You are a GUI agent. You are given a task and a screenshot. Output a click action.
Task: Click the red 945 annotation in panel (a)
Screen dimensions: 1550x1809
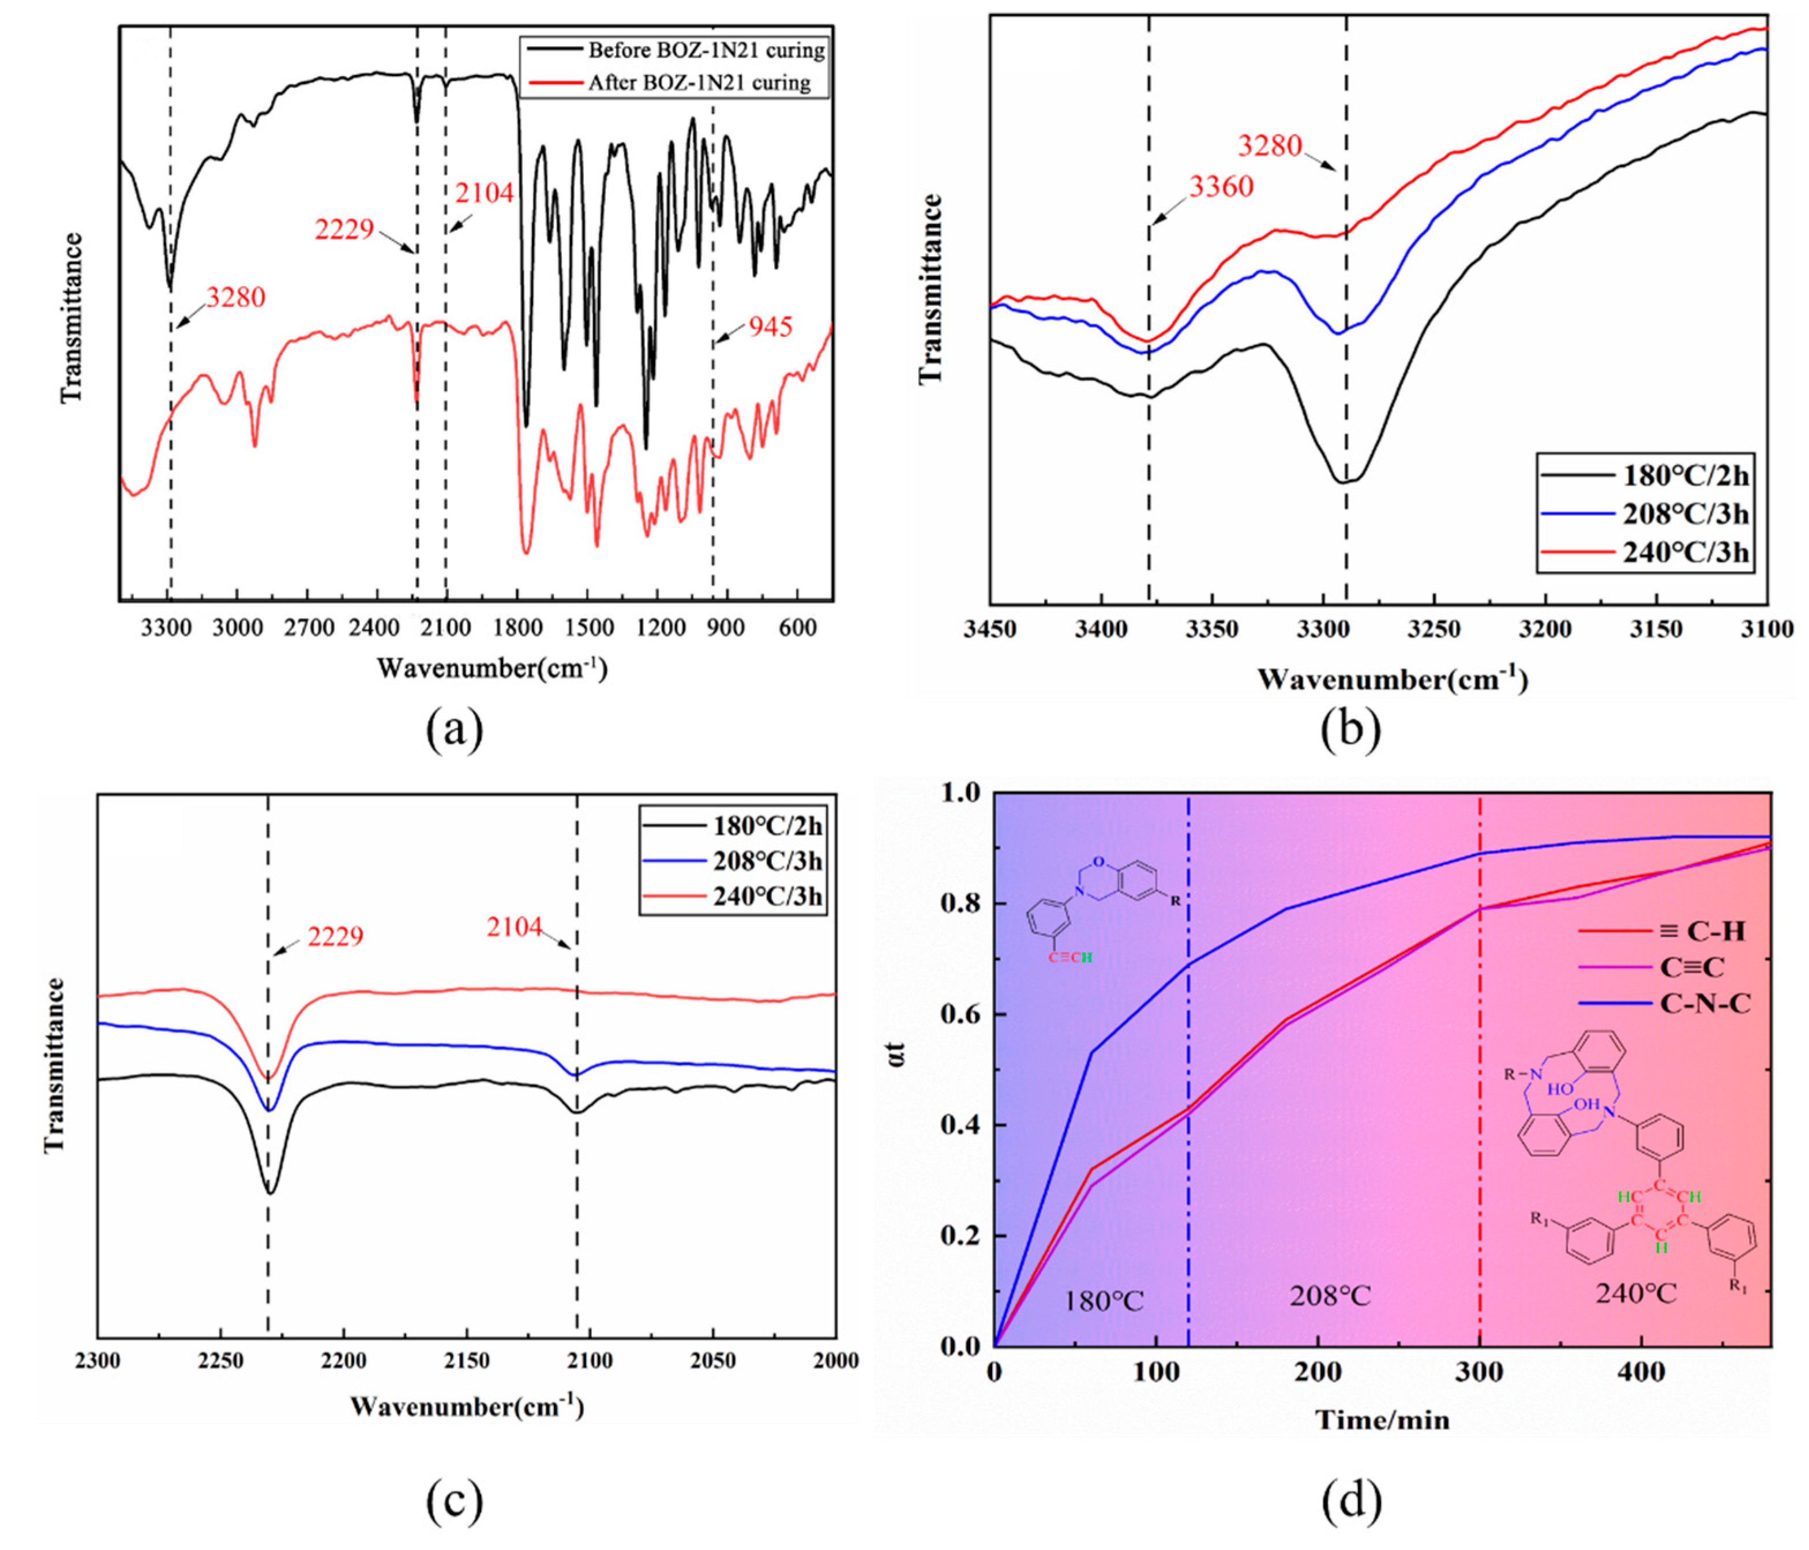pos(770,328)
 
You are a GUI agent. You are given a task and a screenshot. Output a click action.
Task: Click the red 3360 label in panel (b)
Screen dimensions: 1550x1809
pos(1221,186)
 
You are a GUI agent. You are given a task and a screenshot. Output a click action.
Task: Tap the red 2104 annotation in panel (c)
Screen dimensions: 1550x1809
pos(514,928)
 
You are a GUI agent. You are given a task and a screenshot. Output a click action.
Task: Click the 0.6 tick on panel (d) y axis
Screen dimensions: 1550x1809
pos(960,1015)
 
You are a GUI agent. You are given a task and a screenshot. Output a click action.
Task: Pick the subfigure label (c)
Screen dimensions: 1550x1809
pos(454,1502)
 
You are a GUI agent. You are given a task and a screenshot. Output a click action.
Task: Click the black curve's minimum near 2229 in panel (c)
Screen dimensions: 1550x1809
pos(271,1192)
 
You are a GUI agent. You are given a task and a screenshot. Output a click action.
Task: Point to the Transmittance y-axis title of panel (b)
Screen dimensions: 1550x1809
pos(932,289)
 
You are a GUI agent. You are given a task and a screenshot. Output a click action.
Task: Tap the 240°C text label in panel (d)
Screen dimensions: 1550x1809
pos(1635,1293)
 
